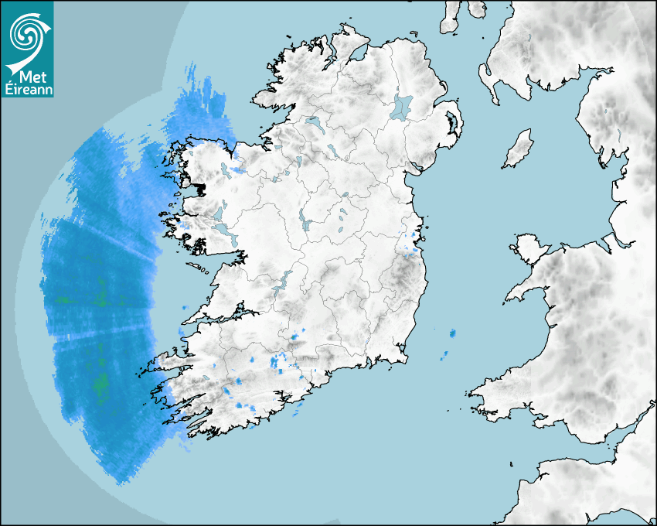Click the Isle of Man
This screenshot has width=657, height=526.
tap(519, 149)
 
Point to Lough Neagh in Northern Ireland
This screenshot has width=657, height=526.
tap(403, 106)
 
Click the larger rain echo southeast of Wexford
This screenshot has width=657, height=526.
tap(452, 333)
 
